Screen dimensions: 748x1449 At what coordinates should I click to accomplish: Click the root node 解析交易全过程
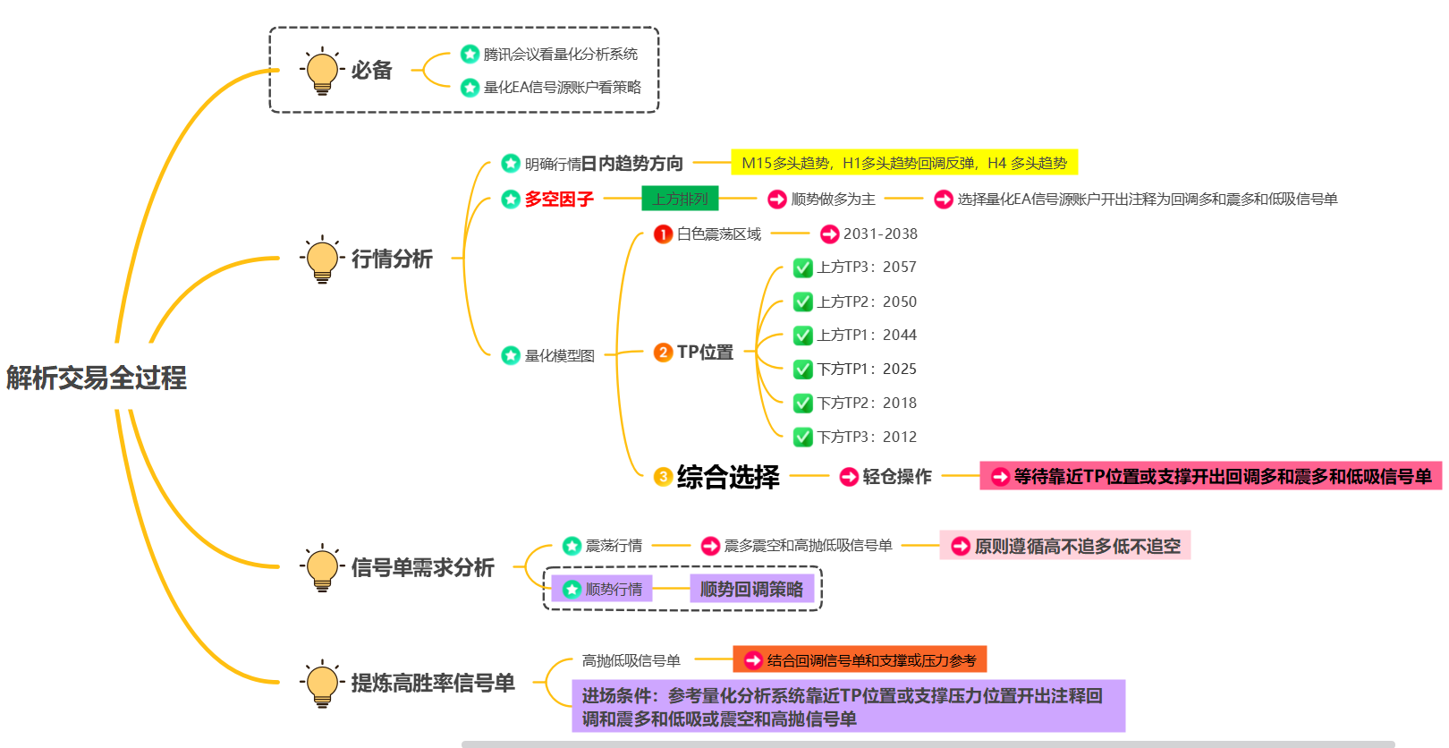pos(97,378)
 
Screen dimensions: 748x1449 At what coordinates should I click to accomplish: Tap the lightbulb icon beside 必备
pos(322,71)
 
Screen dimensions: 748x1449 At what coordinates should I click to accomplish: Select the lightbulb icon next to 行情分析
pos(322,259)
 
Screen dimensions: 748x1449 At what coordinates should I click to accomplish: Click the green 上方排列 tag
pos(680,199)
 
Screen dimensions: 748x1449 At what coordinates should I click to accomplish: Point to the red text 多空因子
pos(559,199)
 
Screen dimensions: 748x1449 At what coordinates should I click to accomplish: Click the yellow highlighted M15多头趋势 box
pos(904,163)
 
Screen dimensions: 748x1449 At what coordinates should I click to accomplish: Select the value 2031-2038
pos(880,234)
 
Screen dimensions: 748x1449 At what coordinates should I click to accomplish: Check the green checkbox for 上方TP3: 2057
pos(803,268)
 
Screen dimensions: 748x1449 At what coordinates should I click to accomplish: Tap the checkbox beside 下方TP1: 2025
pos(803,370)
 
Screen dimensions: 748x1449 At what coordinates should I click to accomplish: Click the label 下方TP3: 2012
pos(867,437)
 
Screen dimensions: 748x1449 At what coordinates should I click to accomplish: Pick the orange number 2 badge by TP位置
pos(663,353)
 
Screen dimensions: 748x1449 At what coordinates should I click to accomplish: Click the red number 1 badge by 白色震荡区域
pos(663,234)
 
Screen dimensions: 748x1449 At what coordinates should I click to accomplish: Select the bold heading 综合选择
pos(728,477)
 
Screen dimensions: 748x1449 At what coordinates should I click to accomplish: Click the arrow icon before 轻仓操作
pos(849,477)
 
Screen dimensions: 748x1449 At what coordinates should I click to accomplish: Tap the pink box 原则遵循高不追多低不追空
pos(1065,546)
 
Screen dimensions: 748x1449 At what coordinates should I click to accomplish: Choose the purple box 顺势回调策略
pos(751,589)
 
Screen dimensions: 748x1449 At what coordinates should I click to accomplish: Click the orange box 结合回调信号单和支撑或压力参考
pos(860,660)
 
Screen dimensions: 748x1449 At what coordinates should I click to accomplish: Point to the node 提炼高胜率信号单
pos(433,684)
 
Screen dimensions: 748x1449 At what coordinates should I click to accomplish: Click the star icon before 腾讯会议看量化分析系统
pos(470,55)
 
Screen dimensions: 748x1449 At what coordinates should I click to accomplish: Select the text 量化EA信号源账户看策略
pos(563,88)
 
